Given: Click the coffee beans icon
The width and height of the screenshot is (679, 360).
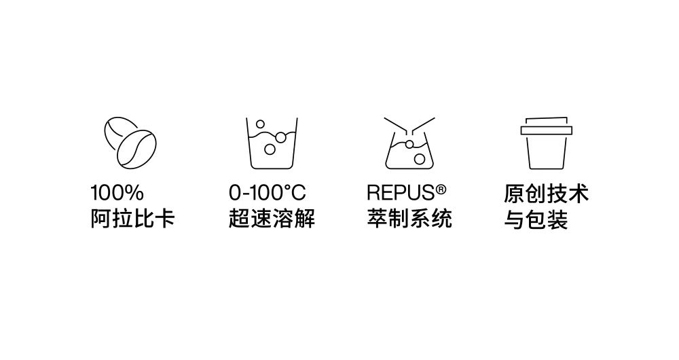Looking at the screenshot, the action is (130, 143).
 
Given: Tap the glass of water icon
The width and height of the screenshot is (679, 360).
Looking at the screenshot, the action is (272, 143).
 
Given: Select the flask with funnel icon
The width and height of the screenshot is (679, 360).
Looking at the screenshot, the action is (409, 143).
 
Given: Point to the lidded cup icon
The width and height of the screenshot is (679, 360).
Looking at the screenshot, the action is (546, 143).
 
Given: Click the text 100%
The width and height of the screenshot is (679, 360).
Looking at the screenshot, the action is (117, 193).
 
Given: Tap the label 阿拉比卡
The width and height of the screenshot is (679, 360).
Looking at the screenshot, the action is (132, 218).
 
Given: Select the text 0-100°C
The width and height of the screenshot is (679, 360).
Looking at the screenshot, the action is (267, 193).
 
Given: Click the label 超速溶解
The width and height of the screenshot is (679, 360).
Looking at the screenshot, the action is (272, 218).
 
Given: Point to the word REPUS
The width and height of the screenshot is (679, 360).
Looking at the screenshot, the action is (401, 193).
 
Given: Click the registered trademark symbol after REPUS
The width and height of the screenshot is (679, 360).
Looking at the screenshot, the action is (441, 190).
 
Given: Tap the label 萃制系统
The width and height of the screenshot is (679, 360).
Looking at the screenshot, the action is (409, 218).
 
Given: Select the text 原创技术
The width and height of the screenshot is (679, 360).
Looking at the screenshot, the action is (546, 194).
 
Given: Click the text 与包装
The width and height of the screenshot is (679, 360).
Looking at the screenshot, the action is (536, 219).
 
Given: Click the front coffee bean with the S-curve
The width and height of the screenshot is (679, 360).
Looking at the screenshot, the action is (137, 149).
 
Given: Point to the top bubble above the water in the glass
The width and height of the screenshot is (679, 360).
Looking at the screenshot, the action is (260, 124).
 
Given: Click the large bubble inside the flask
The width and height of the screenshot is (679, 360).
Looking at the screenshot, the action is (419, 159).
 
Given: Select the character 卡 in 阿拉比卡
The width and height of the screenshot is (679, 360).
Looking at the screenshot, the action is (164, 218).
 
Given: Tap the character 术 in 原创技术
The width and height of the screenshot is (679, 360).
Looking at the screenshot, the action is (579, 194).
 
